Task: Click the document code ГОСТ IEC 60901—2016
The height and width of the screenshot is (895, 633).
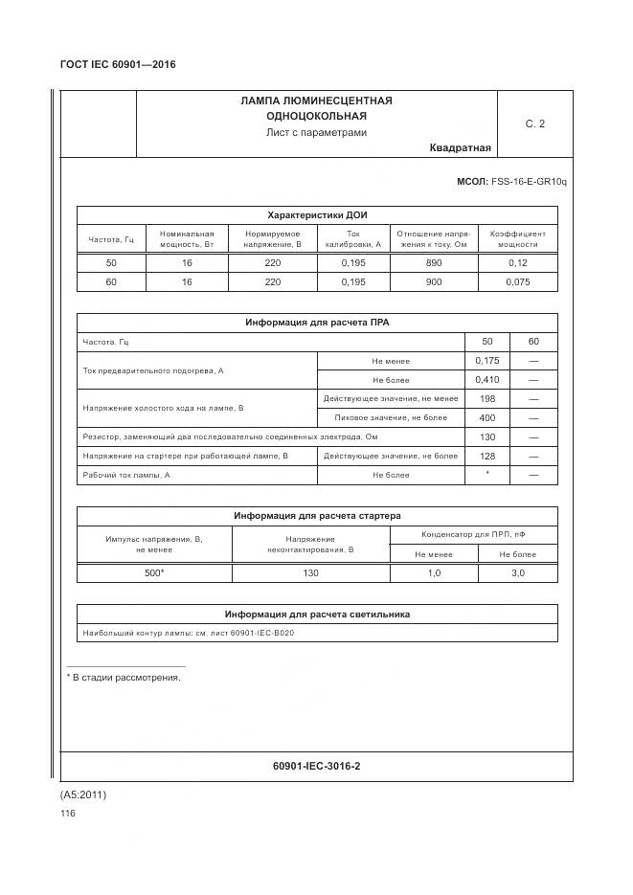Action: pyautogui.click(x=117, y=65)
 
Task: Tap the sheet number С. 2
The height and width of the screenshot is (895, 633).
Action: pyautogui.click(x=534, y=123)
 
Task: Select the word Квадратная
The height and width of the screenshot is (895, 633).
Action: pyautogui.click(x=460, y=147)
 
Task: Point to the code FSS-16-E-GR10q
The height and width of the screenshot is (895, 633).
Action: pyautogui.click(x=529, y=181)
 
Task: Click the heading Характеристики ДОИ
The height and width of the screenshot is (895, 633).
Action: pyautogui.click(x=317, y=214)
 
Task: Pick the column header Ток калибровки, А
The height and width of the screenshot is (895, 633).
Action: pyautogui.click(x=352, y=239)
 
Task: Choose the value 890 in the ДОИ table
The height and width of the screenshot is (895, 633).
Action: pyautogui.click(x=433, y=262)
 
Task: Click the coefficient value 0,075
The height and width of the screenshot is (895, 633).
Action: pyautogui.click(x=518, y=282)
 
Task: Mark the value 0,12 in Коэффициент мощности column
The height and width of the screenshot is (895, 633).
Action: pyautogui.click(x=518, y=262)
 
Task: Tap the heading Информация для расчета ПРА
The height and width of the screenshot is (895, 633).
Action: pyautogui.click(x=317, y=323)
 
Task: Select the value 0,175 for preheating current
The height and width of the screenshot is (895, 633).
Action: pyautogui.click(x=487, y=361)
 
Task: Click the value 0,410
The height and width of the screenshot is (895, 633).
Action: pyautogui.click(x=487, y=380)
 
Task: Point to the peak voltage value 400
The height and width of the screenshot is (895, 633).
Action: pyautogui.click(x=487, y=418)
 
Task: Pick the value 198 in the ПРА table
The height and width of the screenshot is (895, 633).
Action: pyautogui.click(x=487, y=399)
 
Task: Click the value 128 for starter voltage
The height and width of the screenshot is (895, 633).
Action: pyautogui.click(x=487, y=456)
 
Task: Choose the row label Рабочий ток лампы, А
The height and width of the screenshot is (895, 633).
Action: pyautogui.click(x=126, y=475)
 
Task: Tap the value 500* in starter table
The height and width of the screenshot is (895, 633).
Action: pyautogui.click(x=154, y=572)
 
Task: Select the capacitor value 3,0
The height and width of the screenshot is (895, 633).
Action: pyautogui.click(x=518, y=572)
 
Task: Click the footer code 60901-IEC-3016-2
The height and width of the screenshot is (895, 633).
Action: pyautogui.click(x=317, y=766)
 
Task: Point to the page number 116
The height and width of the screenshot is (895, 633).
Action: pyautogui.click(x=67, y=814)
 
